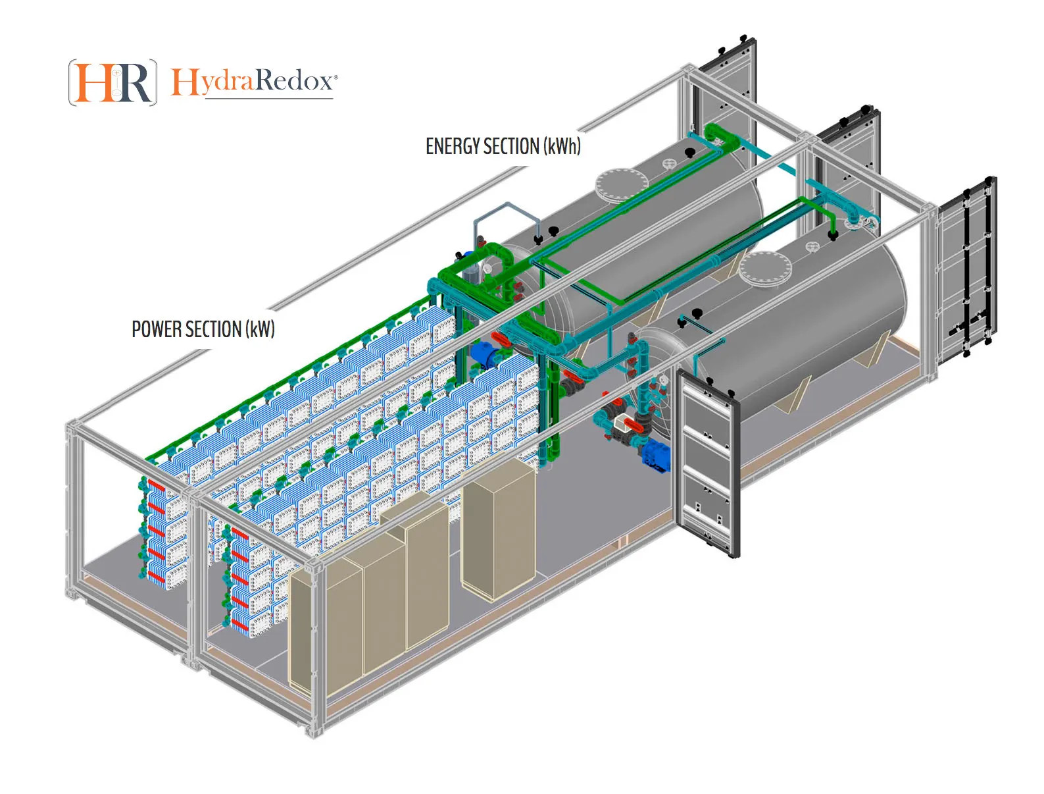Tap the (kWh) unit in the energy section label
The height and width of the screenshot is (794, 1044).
562,146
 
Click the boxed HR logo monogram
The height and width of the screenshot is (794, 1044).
112,82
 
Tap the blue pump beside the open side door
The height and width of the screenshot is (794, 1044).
656,455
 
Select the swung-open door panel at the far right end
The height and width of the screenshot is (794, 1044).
966,267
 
